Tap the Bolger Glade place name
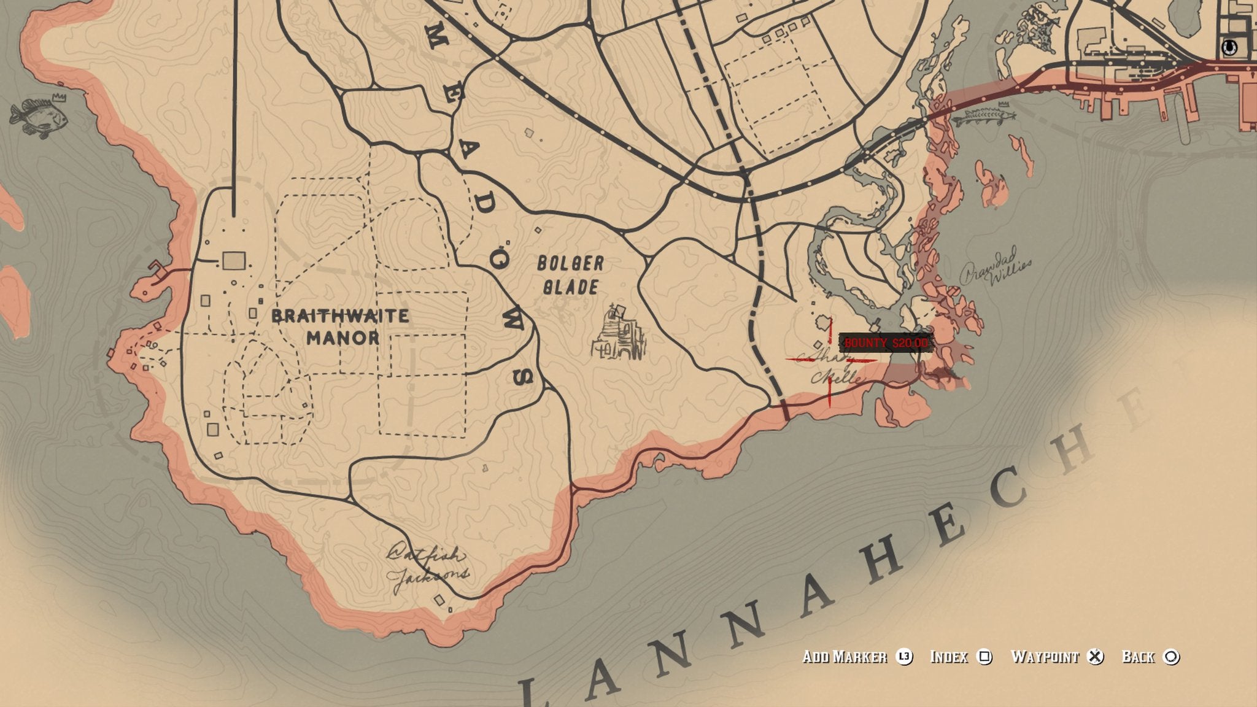tap(570, 276)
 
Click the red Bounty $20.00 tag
tap(886, 343)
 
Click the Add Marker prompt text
tap(845, 657)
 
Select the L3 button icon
tap(904, 657)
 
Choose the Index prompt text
tap(949, 657)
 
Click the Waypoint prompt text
tap(1044, 657)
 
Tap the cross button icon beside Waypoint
tap(1095, 657)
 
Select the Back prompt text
tap(1138, 657)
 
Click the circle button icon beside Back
tap(1172, 657)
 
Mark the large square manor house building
tap(234, 261)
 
